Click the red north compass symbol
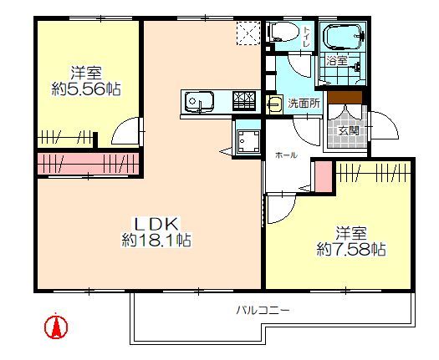(x=56, y=327)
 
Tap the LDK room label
(x=156, y=224)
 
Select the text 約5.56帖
(x=86, y=89)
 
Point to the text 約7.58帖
(x=351, y=249)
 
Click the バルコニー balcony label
(x=263, y=311)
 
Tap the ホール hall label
(x=286, y=155)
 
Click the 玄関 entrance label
(x=349, y=130)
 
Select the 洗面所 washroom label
(x=304, y=104)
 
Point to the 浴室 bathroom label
(x=337, y=60)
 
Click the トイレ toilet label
(x=307, y=37)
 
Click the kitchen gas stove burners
(x=244, y=101)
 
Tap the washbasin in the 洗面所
(x=274, y=104)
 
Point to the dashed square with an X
(x=248, y=33)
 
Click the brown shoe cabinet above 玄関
(x=345, y=98)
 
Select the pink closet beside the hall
(x=324, y=176)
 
